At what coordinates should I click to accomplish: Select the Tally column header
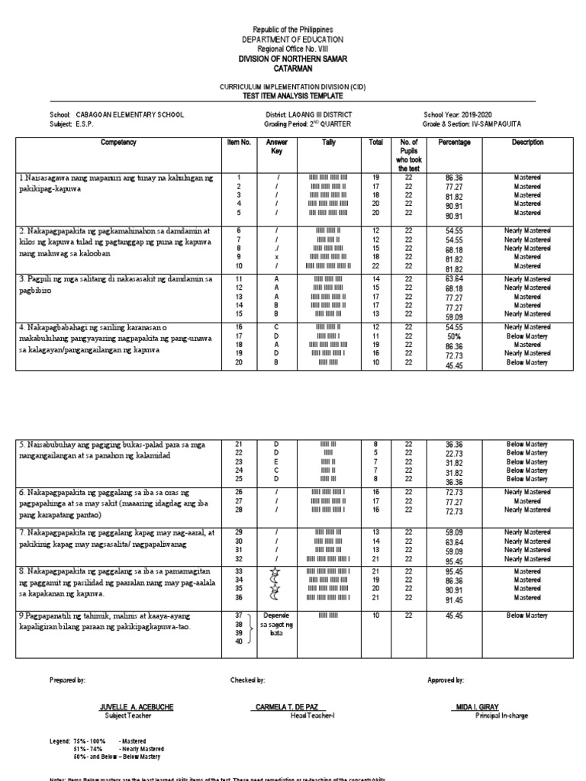point(328,142)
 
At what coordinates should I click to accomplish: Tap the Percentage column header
point(454,142)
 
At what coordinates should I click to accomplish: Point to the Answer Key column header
point(277,146)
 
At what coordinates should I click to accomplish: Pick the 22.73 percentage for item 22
point(454,453)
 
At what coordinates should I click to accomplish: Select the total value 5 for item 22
point(375,452)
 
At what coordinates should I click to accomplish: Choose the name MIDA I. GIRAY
point(478,707)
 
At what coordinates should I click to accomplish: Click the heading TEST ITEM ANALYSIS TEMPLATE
point(292,96)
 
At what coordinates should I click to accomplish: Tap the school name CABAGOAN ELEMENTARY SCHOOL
point(130,114)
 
